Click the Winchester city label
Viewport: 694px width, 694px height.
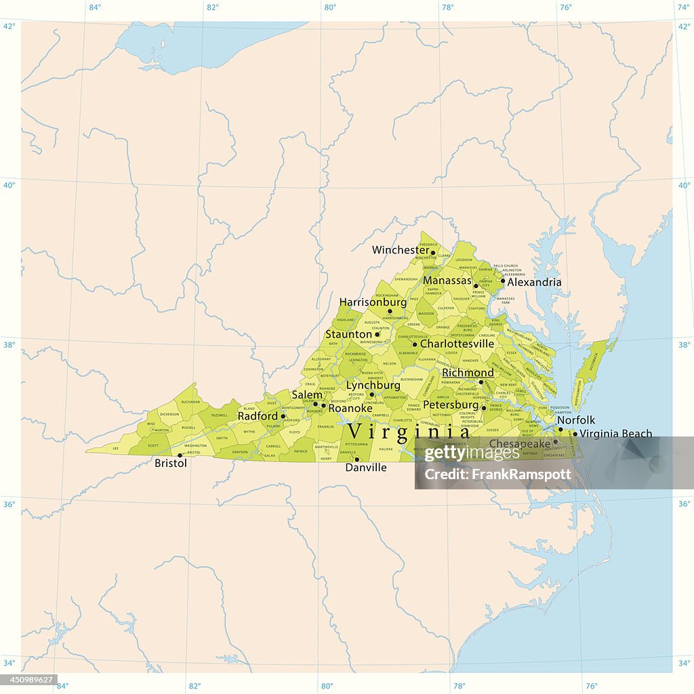click(x=401, y=250)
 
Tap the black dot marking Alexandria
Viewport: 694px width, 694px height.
click(x=503, y=281)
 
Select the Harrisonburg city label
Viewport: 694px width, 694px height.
click(x=373, y=302)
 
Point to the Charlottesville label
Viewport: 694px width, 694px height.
click(x=457, y=344)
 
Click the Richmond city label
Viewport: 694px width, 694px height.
click(x=468, y=373)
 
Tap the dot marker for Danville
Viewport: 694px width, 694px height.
click(x=357, y=459)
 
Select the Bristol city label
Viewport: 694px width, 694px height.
click(x=171, y=464)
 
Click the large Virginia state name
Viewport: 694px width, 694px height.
click(x=408, y=431)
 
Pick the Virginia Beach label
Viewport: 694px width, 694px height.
click(x=616, y=433)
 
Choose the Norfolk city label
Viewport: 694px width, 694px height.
click(x=576, y=420)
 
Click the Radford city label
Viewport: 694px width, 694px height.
click(x=258, y=416)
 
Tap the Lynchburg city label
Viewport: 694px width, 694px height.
click(x=373, y=385)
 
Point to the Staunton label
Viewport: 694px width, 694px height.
click(x=349, y=334)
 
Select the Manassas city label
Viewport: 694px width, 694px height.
click(x=447, y=280)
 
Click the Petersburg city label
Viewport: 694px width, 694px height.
click(x=451, y=405)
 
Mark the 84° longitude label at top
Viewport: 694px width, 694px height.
click(x=95, y=7)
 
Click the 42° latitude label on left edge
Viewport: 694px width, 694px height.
click(x=9, y=26)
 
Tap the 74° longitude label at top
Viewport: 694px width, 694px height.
click(x=683, y=7)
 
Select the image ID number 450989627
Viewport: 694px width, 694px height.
click(x=29, y=680)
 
